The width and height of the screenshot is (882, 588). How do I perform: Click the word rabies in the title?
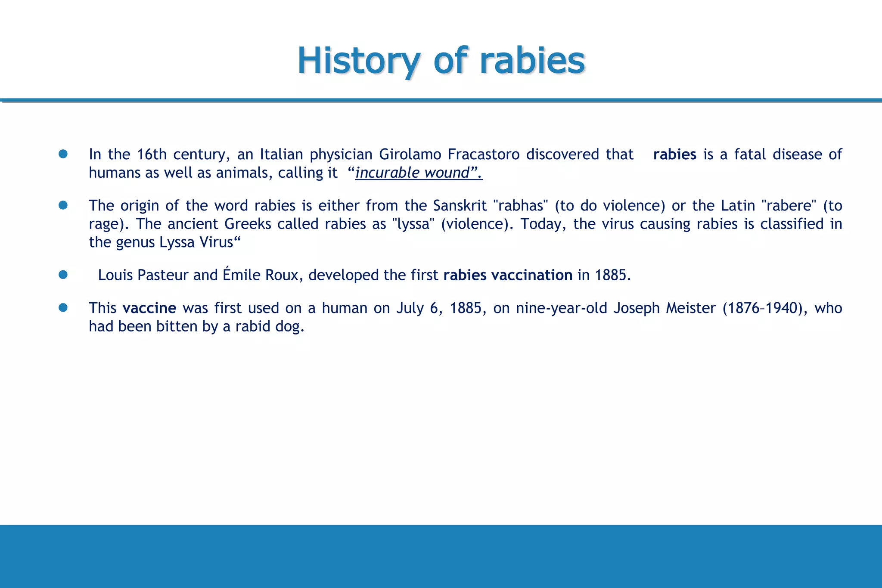tap(532, 61)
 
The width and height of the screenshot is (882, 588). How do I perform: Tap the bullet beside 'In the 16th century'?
tap(63, 154)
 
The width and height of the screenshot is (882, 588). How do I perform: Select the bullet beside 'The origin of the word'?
tap(63, 205)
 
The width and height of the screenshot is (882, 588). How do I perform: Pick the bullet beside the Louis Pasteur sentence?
tap(63, 275)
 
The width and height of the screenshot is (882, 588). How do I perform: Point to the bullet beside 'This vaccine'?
tap(63, 308)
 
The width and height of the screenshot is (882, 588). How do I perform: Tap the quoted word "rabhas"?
tap(520, 206)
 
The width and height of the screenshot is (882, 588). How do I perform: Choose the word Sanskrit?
tap(460, 206)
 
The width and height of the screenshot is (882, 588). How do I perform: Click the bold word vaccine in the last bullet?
tap(149, 308)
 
